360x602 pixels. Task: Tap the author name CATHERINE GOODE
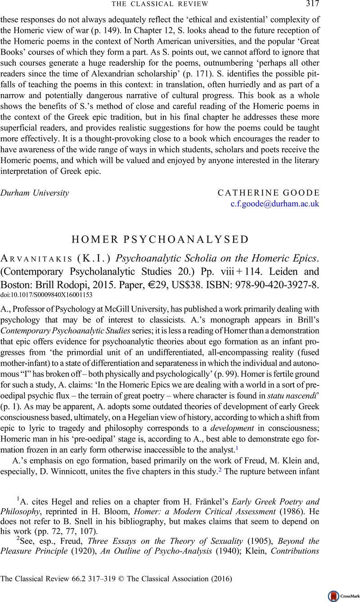[268, 193]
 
